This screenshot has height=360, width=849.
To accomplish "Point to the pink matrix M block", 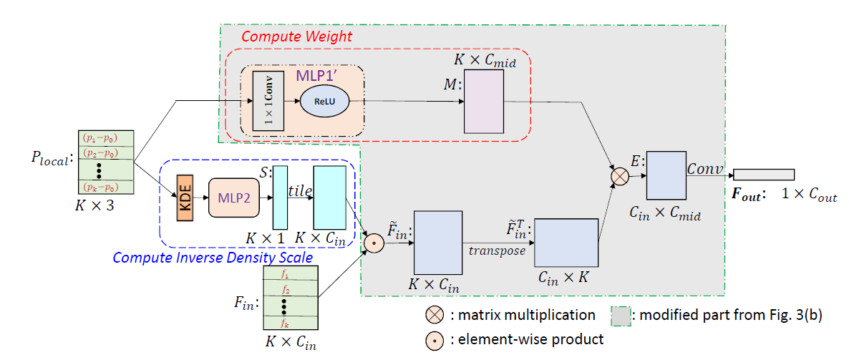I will click(485, 102).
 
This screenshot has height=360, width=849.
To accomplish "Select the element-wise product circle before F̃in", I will click(371, 243).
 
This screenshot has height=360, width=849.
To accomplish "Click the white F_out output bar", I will click(764, 175).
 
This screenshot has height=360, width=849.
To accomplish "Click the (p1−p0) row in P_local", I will click(100, 138).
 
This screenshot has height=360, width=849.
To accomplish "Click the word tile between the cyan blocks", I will click(300, 190).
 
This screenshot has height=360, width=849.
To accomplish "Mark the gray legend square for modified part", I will click(620, 315).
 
